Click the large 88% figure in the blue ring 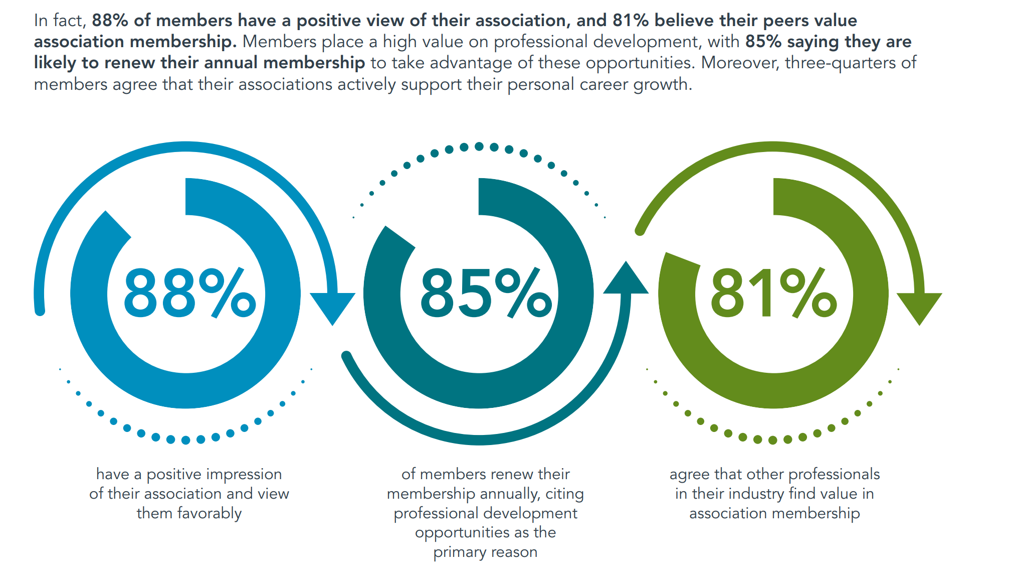pos(189,294)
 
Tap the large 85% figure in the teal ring pos(486,294)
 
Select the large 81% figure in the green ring pos(773,294)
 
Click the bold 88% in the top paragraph pos(110,21)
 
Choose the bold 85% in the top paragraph pos(763,42)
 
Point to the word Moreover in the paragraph pos(740,63)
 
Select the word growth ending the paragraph pos(662,84)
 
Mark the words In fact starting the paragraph pos(60,21)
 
